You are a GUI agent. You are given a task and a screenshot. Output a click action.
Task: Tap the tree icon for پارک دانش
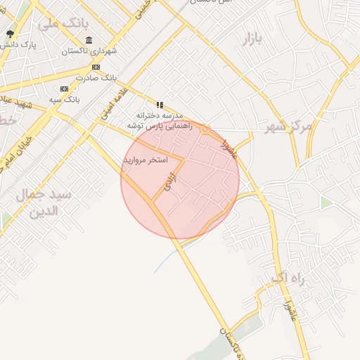click(10, 34)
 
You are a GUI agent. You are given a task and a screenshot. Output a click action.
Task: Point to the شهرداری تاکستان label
click(84, 51)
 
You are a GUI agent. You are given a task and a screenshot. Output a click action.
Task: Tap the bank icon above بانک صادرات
click(96, 67)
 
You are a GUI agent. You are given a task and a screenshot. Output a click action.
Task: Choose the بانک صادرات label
click(96, 77)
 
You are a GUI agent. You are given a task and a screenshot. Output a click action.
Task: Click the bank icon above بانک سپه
click(64, 89)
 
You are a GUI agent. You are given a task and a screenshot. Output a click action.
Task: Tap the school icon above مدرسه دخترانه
click(160, 105)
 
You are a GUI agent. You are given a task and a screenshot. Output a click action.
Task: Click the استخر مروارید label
click(146, 160)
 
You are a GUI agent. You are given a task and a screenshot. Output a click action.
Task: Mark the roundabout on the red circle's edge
click(204, 127)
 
